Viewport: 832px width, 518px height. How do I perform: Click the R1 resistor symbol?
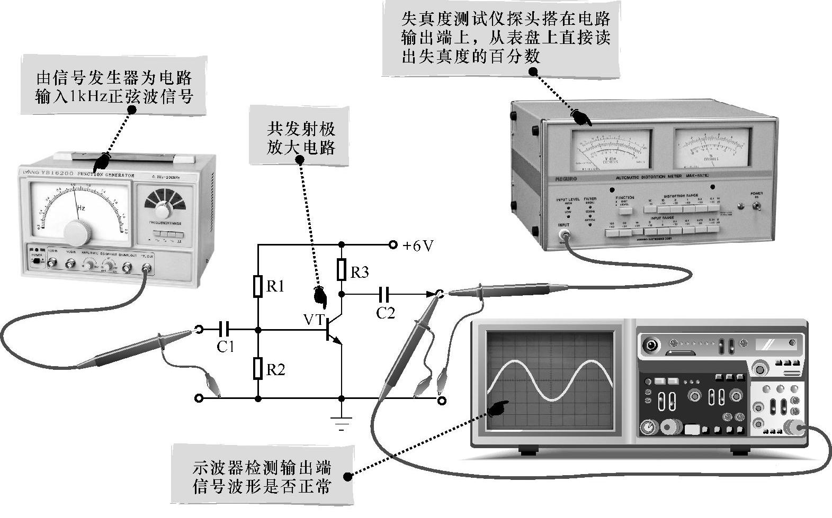[258, 286]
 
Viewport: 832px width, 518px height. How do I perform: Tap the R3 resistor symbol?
[342, 270]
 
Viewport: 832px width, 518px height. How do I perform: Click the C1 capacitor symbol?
[225, 330]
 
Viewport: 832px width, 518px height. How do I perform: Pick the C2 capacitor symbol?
[385, 293]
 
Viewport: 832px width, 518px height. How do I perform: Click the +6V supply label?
[418, 246]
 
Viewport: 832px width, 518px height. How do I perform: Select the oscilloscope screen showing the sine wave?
[551, 378]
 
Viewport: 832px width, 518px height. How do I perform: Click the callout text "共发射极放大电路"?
[301, 138]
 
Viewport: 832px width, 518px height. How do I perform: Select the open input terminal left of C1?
[199, 330]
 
